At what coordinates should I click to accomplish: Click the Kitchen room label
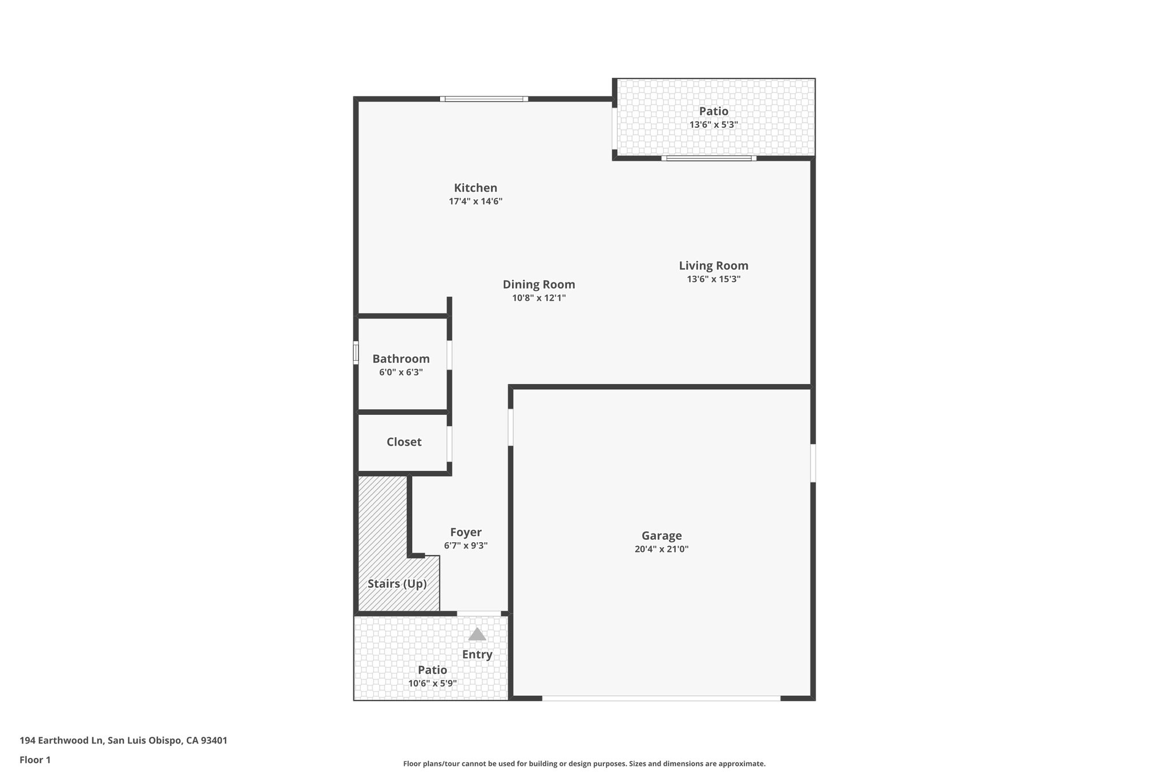click(475, 188)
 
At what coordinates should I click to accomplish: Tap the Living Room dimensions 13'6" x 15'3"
click(713, 279)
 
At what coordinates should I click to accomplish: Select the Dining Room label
click(538, 284)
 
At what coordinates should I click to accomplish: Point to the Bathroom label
click(401, 359)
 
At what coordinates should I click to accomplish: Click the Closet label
click(404, 442)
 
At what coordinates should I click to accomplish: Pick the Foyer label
click(466, 532)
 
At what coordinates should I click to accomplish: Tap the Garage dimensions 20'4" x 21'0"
click(661, 549)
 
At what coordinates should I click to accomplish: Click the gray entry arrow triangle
click(477, 635)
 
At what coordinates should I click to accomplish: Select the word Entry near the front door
click(477, 655)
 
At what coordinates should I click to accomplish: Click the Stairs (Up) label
click(397, 584)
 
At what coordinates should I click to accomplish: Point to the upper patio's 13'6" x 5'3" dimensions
click(714, 124)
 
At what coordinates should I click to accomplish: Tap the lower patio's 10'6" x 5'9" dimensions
click(432, 683)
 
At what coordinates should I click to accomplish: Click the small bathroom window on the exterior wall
click(356, 353)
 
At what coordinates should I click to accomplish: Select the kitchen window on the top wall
click(483, 99)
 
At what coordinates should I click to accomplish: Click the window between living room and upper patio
click(708, 158)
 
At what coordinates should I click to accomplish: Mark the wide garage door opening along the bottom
click(660, 697)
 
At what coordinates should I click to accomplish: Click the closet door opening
click(449, 443)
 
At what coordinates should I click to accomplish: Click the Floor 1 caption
click(35, 760)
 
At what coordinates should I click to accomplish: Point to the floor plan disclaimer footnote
click(584, 764)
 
